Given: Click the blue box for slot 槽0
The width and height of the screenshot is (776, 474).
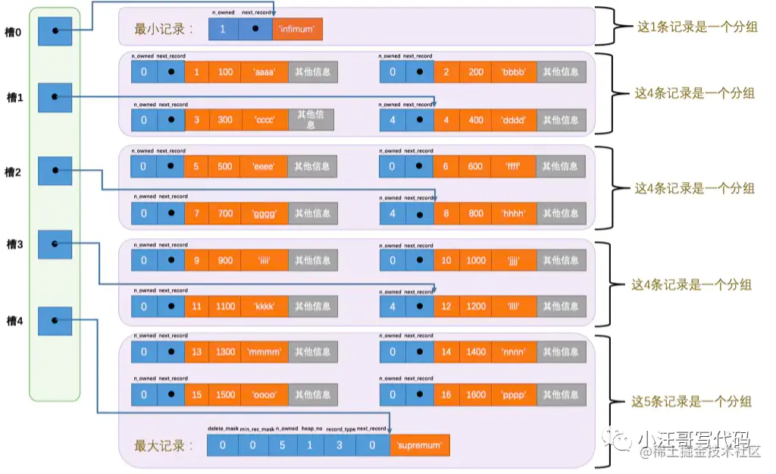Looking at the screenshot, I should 55,30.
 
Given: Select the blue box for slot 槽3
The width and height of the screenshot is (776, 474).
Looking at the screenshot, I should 55,244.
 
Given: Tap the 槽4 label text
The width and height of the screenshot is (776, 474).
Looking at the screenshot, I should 14,321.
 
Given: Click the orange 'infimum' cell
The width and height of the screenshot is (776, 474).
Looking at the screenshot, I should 297,29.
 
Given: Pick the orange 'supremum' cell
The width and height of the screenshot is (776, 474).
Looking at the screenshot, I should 419,444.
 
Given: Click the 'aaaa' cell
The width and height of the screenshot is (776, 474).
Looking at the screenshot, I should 264,72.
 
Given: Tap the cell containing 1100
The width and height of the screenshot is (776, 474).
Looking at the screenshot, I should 225,306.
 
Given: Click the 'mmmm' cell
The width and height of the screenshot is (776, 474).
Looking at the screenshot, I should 264,351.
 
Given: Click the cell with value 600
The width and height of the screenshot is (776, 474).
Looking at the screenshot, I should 474,166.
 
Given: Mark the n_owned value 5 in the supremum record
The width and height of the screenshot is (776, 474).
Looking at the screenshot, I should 282,444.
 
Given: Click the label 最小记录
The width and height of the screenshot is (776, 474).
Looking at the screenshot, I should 163,30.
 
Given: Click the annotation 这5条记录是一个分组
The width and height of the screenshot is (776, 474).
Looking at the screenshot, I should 691,401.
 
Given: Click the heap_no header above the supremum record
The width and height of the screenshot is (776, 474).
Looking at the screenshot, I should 311,428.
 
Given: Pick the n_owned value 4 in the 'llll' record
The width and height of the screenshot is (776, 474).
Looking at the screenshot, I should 392,306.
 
